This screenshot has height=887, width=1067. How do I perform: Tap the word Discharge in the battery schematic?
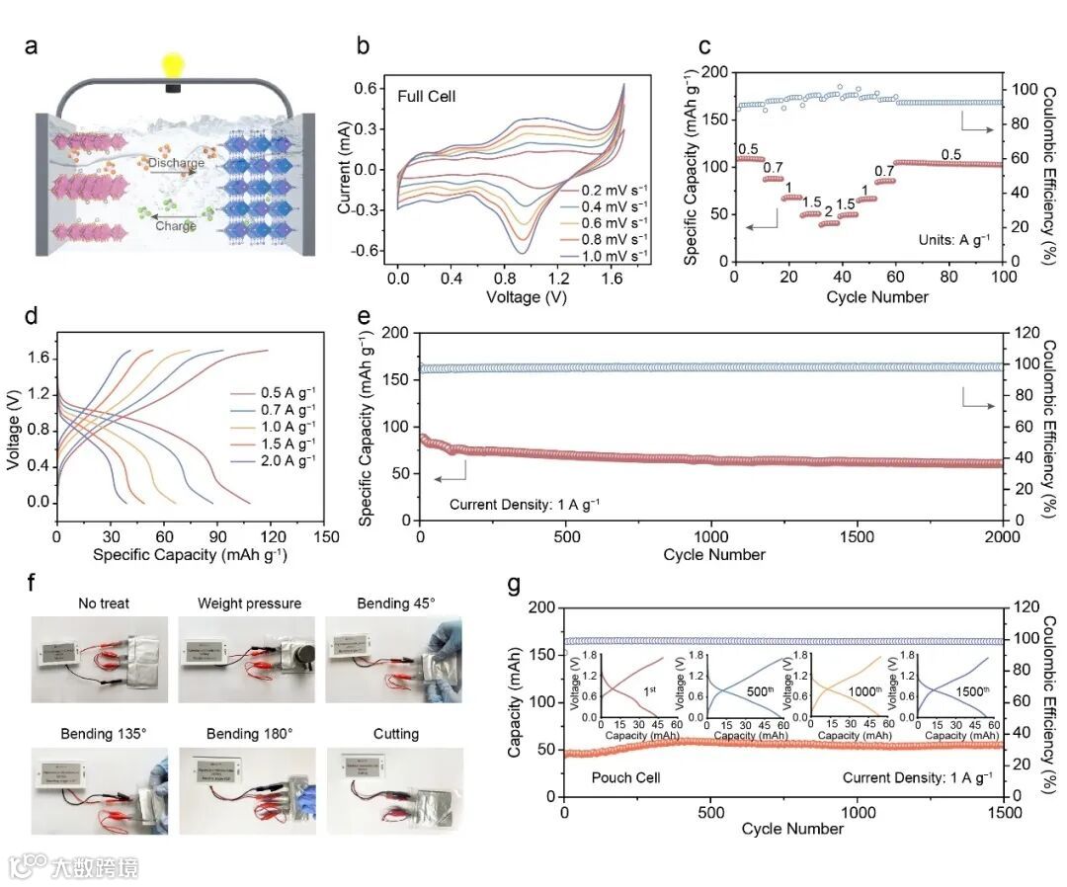pyautogui.click(x=177, y=163)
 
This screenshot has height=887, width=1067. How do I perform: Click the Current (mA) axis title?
pyautogui.click(x=345, y=168)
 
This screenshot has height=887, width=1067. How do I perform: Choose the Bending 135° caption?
pyautogui.click(x=89, y=734)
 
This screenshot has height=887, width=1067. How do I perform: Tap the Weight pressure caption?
pyautogui.click(x=249, y=603)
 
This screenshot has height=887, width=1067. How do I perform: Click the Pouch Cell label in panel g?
pyautogui.click(x=625, y=777)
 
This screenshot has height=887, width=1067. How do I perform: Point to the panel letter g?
pyautogui.click(x=514, y=584)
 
